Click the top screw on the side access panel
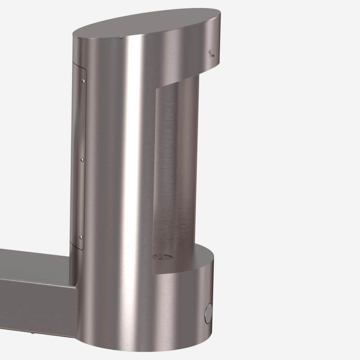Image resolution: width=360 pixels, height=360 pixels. [x=83, y=81]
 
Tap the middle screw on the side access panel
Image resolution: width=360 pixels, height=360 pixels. [x=82, y=160]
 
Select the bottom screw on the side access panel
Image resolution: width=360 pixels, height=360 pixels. [x=81, y=237]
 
